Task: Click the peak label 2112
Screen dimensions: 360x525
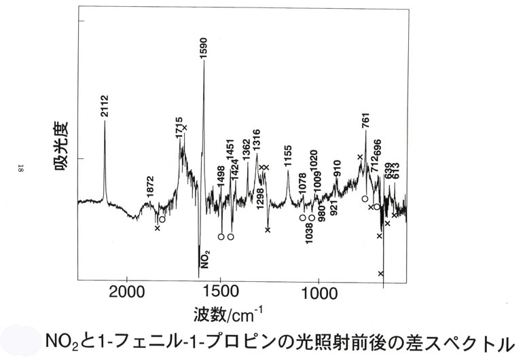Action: (105, 107)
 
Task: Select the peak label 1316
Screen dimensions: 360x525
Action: (257, 139)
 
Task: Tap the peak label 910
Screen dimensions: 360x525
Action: (337, 169)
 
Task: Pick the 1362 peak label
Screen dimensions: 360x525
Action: (246, 149)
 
